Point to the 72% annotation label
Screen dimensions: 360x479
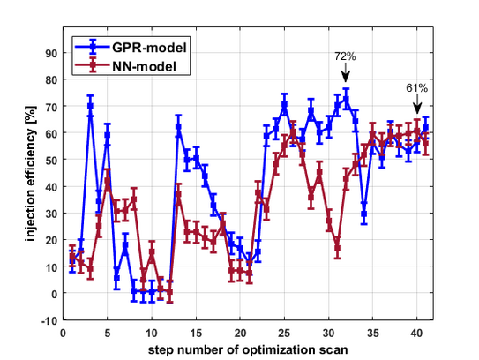(x=345, y=56)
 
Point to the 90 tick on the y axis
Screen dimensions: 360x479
(x=50, y=53)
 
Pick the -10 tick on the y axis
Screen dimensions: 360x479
(x=49, y=320)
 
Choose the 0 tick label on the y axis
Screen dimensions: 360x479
(x=53, y=294)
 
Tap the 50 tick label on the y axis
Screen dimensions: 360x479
(x=50, y=160)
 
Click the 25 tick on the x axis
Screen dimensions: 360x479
(x=284, y=334)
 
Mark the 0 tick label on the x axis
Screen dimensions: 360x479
(x=63, y=334)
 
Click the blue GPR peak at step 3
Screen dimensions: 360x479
(x=90, y=106)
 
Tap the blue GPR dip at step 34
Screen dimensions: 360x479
(x=364, y=214)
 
